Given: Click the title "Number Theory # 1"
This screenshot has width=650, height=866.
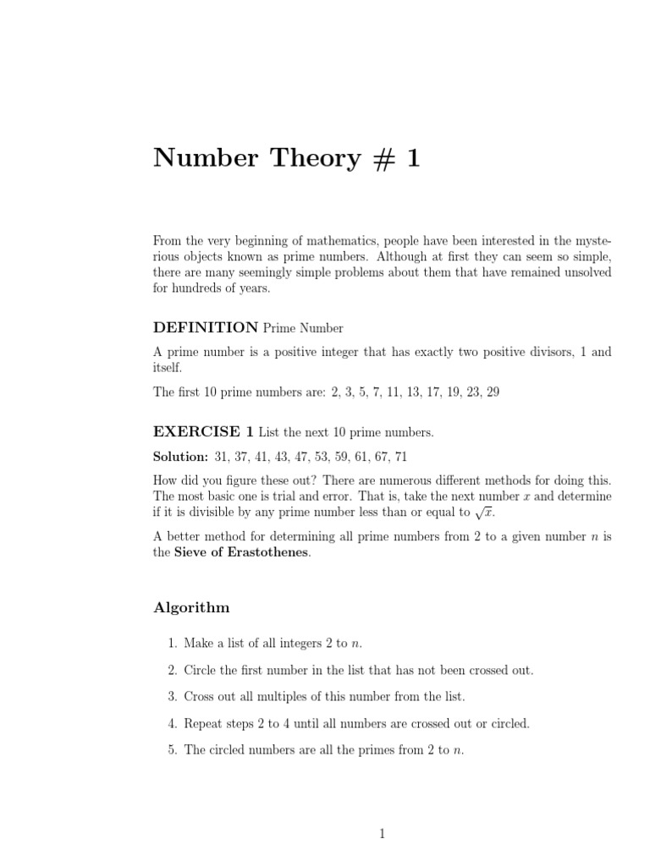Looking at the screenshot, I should pos(286,158).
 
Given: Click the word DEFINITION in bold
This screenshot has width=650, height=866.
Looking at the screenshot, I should pos(206,327).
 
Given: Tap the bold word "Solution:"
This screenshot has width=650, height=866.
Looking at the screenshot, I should pos(180,457).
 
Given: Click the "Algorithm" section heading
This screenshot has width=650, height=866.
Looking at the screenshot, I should pos(191,607).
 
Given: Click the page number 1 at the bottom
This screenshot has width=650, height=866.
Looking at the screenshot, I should pos(383,833).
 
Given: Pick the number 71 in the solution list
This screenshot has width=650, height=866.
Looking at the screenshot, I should pos(400,457).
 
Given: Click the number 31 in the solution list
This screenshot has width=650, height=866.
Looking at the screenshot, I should pos(223,457).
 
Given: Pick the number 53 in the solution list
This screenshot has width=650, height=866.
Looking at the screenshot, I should pos(322,457).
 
